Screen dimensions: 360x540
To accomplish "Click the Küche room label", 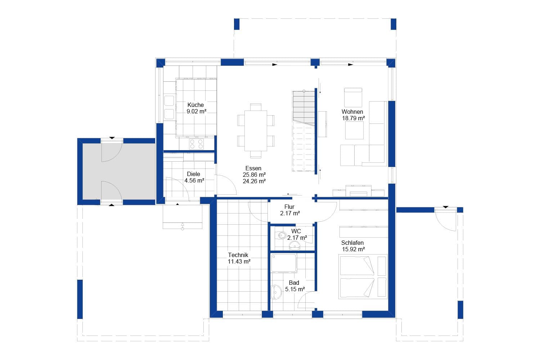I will point(195,105).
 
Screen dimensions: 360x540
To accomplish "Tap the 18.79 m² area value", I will point(353,118).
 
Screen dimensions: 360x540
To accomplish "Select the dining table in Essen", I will point(256,131).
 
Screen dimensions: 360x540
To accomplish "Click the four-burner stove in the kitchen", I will point(196,144).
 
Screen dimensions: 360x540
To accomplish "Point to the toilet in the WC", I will point(282,236).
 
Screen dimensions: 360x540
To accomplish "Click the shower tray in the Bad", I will point(284,263).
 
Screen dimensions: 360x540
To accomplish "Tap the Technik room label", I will point(238,255).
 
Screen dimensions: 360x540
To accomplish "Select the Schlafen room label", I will point(352,243).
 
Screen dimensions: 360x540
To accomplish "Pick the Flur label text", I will point(289,207).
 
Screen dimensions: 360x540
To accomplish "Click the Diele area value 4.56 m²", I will point(194,181).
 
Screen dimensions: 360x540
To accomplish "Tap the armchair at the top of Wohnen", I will point(353,97).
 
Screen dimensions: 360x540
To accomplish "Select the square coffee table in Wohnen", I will point(354,130).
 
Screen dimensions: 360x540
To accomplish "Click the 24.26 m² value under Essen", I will point(254,181).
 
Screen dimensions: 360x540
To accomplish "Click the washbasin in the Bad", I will point(276,292).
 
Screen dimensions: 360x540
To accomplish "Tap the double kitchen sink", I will point(169,107).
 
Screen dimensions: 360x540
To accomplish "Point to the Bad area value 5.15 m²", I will point(295,289).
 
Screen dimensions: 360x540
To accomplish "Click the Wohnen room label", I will point(352,112).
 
